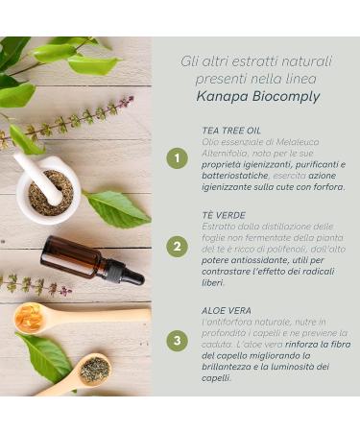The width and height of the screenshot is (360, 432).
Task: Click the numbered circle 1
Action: click(177, 158)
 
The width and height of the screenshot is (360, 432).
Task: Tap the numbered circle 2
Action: click(177, 247)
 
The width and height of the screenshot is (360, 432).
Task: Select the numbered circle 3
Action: click(177, 341)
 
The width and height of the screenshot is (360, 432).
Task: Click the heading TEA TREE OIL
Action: click(231, 130)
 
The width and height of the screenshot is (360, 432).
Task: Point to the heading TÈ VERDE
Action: click(225, 215)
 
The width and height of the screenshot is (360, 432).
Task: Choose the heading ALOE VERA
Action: click(228, 310)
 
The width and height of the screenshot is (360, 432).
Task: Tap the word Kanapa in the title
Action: click(226, 97)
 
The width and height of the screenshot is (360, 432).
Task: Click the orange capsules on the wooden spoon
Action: click(30, 318)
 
